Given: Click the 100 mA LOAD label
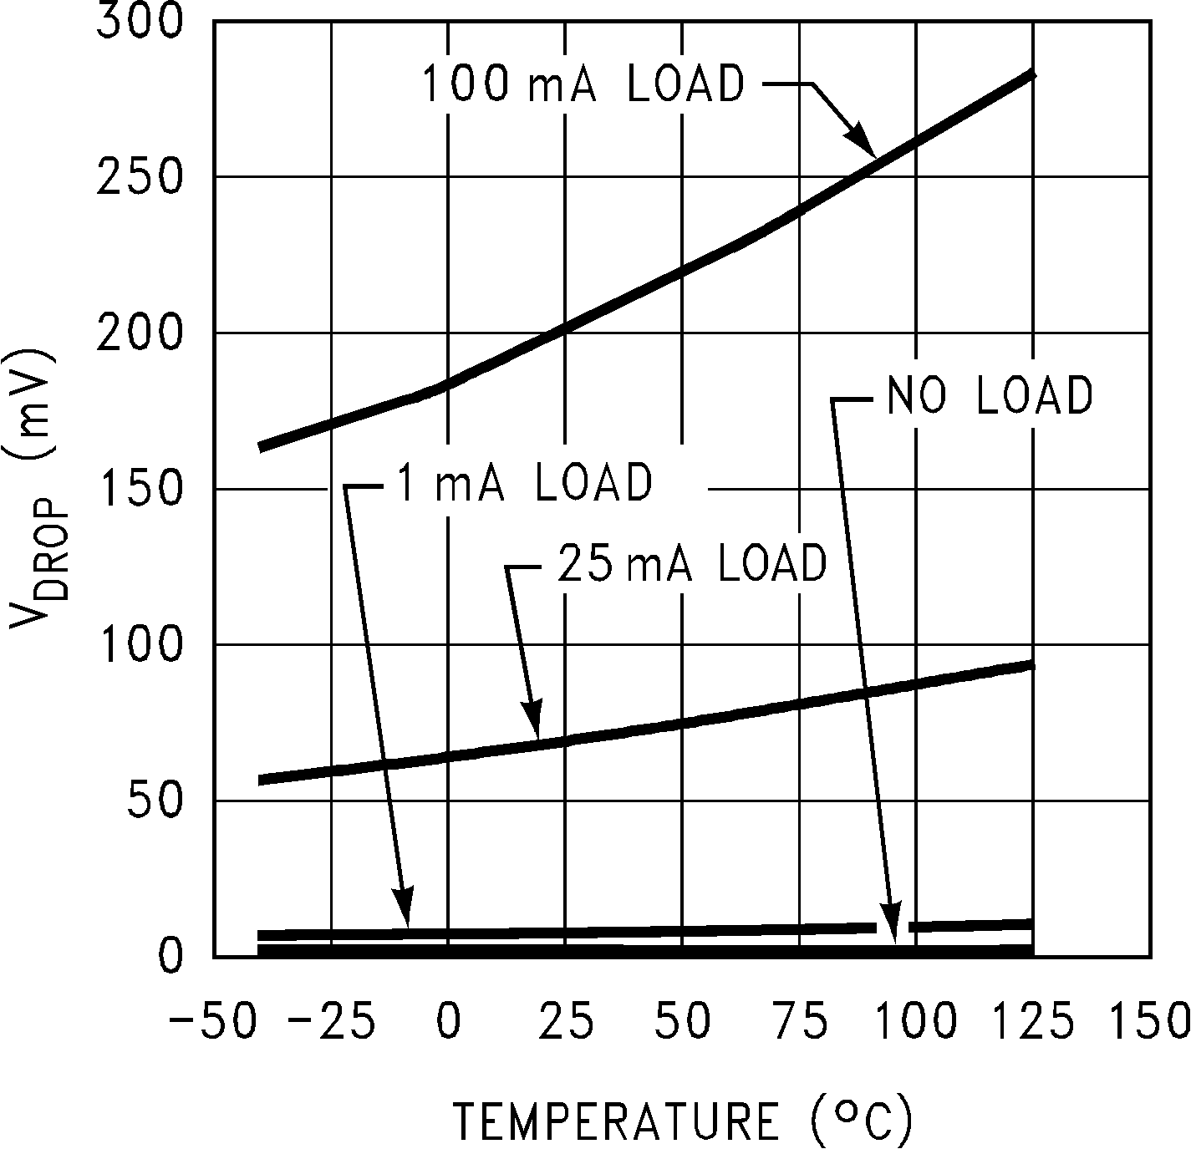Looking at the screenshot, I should click(x=583, y=84).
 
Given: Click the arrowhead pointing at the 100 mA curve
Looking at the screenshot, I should click(x=863, y=142).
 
